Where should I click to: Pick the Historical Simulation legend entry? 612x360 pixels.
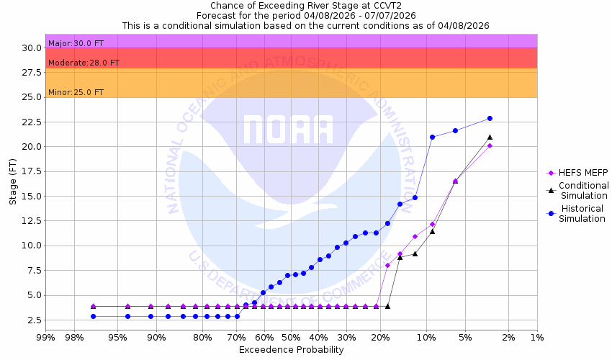(x=583, y=214)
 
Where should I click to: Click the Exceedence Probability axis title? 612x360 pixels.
(x=291, y=350)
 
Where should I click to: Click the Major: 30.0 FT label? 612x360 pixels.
(x=76, y=43)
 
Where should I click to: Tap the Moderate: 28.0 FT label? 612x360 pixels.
(x=84, y=63)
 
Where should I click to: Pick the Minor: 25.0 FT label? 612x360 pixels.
(x=76, y=93)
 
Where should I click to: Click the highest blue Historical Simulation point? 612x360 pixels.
(x=490, y=118)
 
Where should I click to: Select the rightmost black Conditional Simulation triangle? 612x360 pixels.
(x=490, y=137)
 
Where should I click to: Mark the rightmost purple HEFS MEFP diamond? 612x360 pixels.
(x=490, y=145)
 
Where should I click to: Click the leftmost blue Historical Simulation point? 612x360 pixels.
(x=93, y=316)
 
